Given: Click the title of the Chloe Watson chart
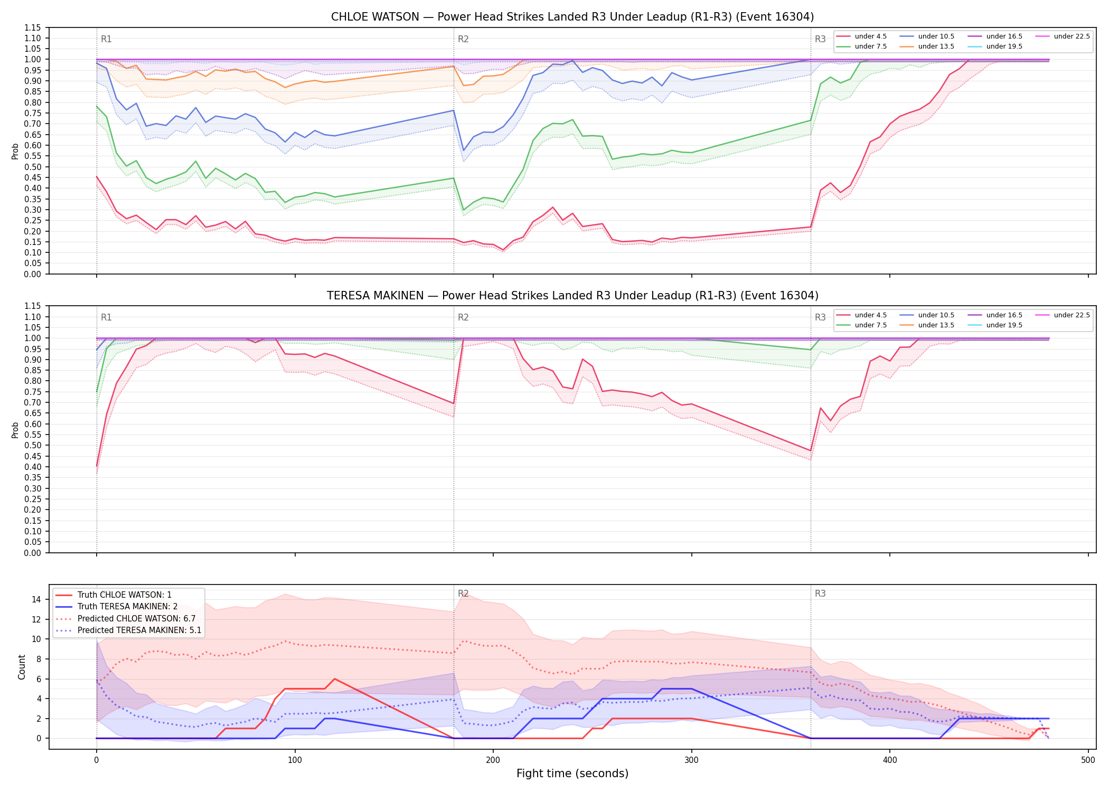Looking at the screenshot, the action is click(x=572, y=17).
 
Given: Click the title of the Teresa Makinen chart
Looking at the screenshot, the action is click(x=572, y=296).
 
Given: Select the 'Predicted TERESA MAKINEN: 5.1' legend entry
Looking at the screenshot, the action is click(x=128, y=630).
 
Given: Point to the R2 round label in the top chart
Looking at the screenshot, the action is click(x=463, y=39).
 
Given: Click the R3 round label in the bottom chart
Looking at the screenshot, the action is click(x=820, y=593).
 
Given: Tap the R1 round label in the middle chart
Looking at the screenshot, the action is click(x=106, y=317).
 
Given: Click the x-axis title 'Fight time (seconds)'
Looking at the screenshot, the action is click(x=572, y=774).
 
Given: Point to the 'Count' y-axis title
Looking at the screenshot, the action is click(x=22, y=667).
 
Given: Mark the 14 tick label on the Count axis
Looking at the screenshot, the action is click(x=36, y=599).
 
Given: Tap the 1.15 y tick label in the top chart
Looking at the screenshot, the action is click(x=33, y=27).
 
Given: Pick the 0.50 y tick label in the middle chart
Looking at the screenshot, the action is click(x=33, y=445).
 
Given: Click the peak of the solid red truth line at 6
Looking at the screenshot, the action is click(x=334, y=679).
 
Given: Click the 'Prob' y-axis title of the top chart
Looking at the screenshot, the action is click(x=15, y=152).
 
